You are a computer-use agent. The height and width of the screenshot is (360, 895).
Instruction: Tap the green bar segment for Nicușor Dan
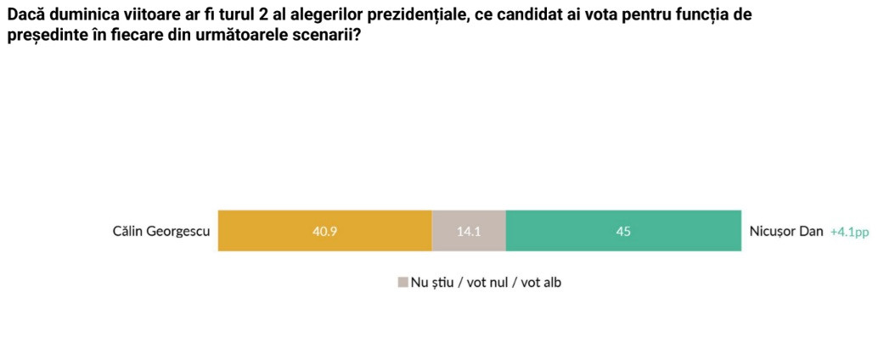tap(679, 230)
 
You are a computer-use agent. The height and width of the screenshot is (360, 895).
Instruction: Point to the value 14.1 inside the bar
tap(469, 231)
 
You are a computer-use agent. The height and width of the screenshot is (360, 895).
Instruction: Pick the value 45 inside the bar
tap(623, 231)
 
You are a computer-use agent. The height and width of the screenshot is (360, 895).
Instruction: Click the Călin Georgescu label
tap(161, 231)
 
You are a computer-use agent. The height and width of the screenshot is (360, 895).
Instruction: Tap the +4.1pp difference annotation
tap(849, 232)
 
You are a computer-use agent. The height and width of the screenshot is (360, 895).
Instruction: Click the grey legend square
tap(402, 283)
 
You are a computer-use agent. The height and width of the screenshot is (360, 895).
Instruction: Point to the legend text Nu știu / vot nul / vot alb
tap(486, 283)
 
